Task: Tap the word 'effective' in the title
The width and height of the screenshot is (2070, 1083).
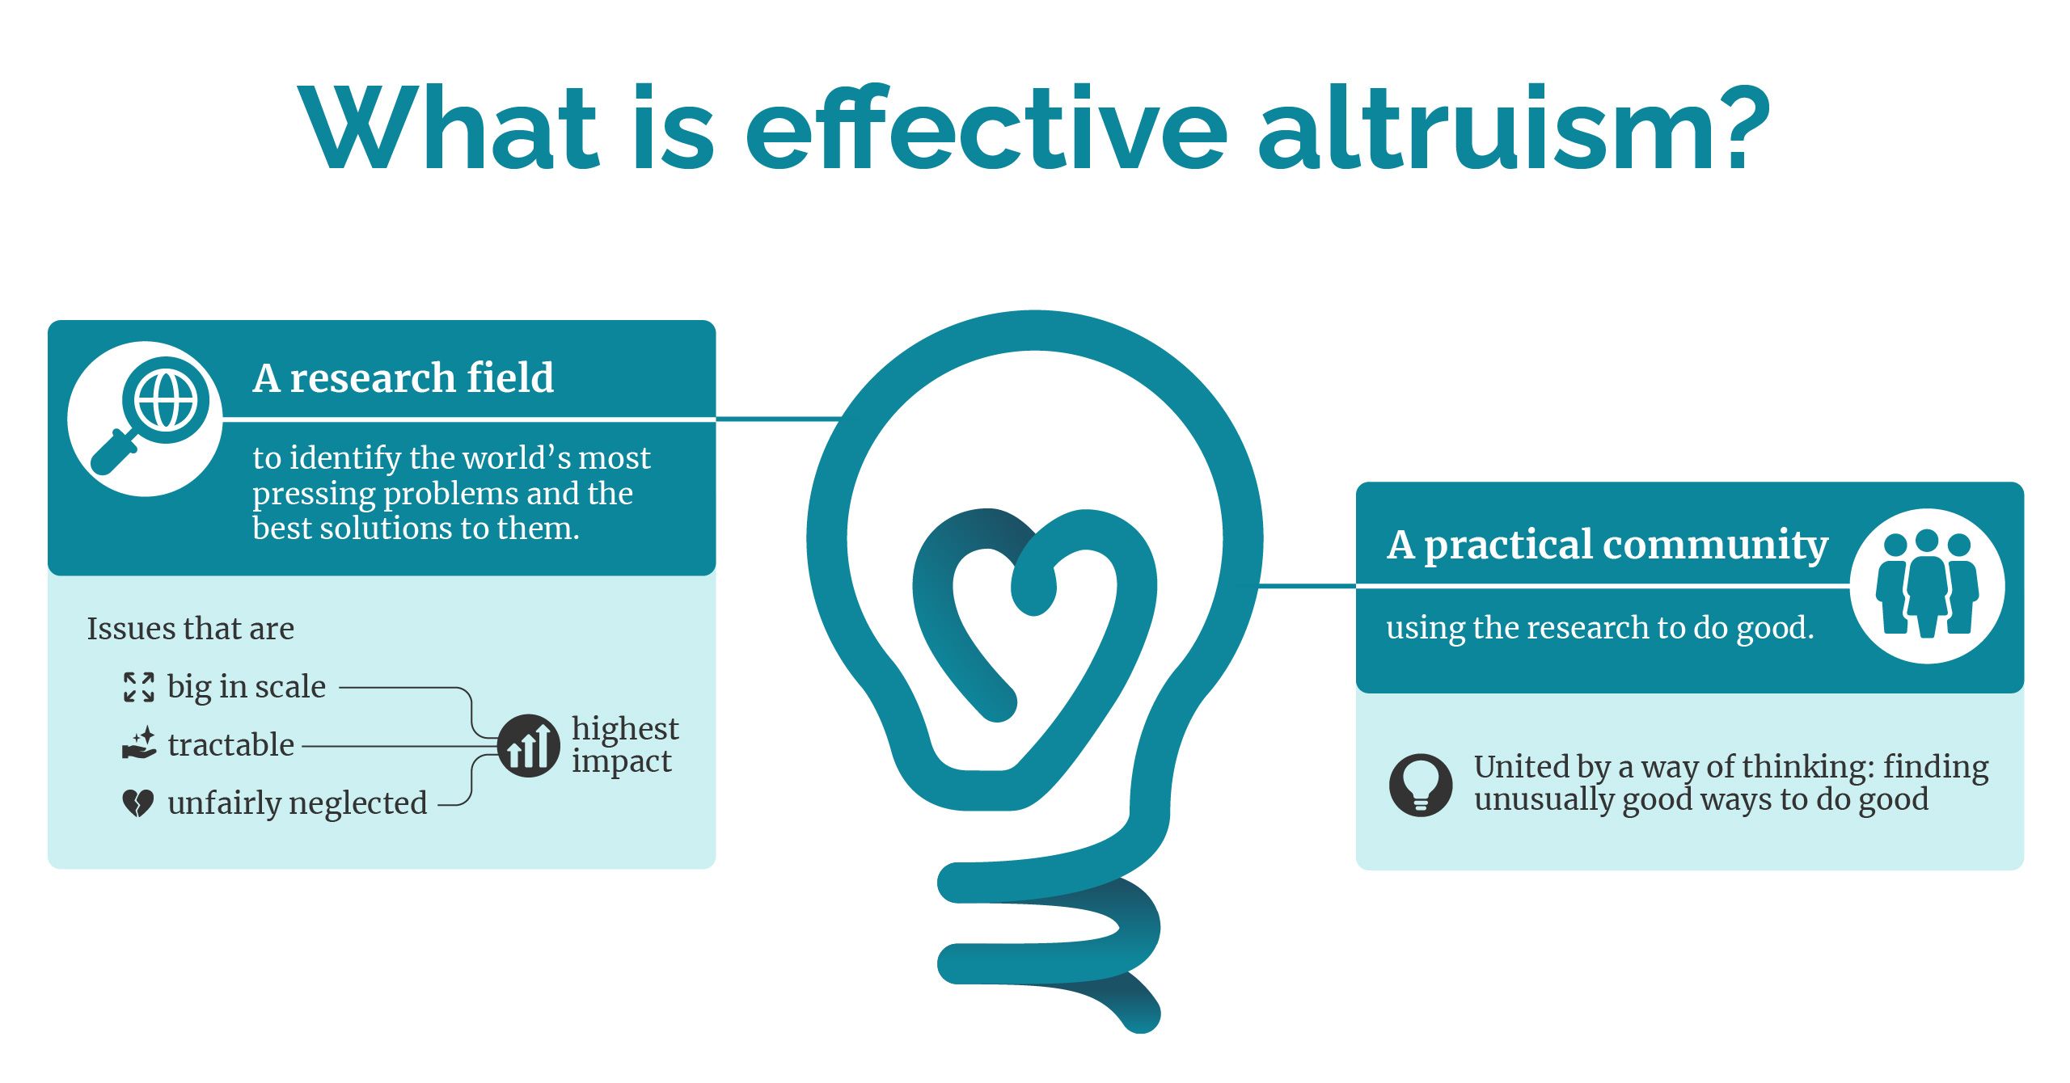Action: (x=986, y=128)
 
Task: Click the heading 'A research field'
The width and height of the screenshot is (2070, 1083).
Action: (x=403, y=377)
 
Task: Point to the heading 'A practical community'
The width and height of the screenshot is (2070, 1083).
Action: (x=1607, y=545)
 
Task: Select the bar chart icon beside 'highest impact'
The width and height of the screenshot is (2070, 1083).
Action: (x=528, y=746)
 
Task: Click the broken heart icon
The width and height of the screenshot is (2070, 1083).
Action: (x=138, y=803)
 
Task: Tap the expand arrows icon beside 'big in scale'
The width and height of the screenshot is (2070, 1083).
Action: (x=139, y=687)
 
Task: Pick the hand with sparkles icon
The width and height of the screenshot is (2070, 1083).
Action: (x=139, y=744)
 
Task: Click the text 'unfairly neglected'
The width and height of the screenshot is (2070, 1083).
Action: (x=298, y=803)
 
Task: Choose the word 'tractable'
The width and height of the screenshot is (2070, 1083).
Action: (x=231, y=744)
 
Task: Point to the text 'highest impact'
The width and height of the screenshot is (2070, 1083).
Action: (x=625, y=744)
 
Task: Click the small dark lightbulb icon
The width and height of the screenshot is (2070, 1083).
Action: (x=1421, y=785)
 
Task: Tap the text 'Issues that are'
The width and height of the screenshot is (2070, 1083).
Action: (x=191, y=628)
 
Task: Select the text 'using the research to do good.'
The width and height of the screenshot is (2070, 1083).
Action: (x=1600, y=628)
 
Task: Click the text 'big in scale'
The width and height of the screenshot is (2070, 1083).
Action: (x=247, y=687)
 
